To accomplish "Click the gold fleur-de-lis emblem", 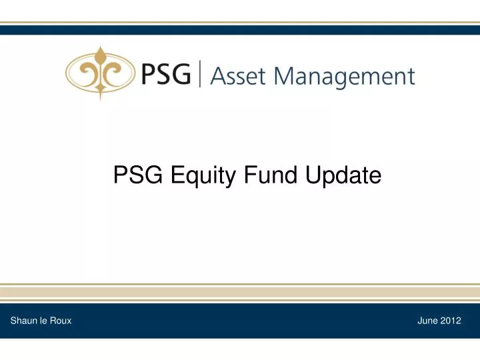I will (x=100, y=73).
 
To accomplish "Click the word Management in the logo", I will (x=346, y=77).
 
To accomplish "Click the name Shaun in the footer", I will (x=23, y=321).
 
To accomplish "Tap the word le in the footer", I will (x=44, y=321).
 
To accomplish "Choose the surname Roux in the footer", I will (x=61, y=321).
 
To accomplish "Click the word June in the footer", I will (x=428, y=321).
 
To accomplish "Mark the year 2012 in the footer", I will (x=451, y=321).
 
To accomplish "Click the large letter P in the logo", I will (x=149, y=74).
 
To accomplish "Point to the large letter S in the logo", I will (x=166, y=74).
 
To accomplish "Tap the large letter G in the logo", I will (x=185, y=74).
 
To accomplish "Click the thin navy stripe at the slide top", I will (x=240, y=29).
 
